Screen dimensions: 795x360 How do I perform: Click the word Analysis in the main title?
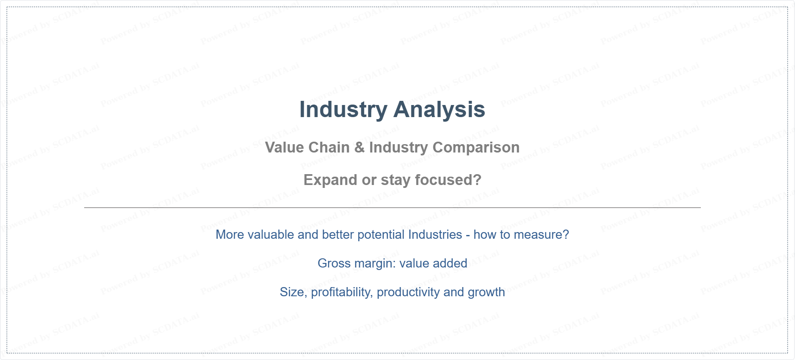tap(439, 110)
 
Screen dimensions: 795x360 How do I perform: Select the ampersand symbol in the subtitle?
tap(360, 147)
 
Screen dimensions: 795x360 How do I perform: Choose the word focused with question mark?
tap(448, 180)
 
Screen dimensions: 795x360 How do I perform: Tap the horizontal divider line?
tap(392, 207)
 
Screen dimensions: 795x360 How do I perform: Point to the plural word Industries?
tap(435, 235)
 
